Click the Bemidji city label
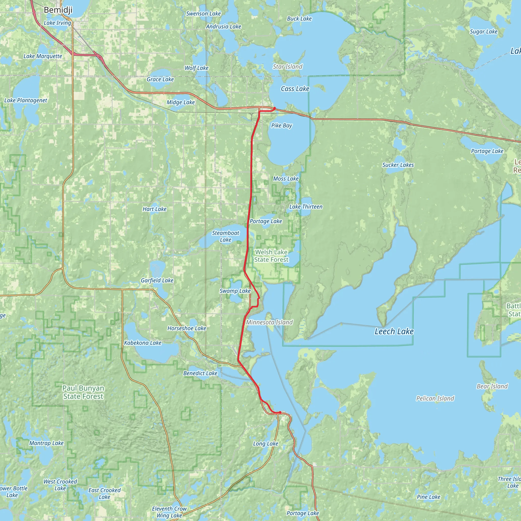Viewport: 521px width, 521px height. click(x=58, y=10)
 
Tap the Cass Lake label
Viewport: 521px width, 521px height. click(x=295, y=89)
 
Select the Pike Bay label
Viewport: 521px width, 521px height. click(x=282, y=125)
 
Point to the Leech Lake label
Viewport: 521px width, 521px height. click(x=394, y=331)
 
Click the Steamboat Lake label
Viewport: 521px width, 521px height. click(x=225, y=236)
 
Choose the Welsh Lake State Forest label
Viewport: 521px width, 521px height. click(x=271, y=256)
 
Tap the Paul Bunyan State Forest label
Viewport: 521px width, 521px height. click(x=83, y=392)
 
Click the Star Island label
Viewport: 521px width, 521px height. click(x=287, y=67)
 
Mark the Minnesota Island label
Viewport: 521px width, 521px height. click(x=269, y=322)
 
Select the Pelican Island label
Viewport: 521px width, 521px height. click(x=435, y=398)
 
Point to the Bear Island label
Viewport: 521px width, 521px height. click(x=492, y=386)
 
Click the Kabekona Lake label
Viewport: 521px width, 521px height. click(x=143, y=343)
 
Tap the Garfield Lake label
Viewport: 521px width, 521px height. click(x=157, y=280)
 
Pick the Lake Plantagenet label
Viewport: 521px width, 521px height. click(x=26, y=100)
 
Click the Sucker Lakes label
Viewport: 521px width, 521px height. click(x=398, y=165)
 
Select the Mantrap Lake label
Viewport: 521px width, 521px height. click(x=46, y=443)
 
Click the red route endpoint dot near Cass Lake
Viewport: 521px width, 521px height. click(x=274, y=108)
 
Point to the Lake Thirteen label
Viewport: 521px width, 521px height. click(x=306, y=207)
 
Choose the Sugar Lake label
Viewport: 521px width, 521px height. click(x=484, y=32)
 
